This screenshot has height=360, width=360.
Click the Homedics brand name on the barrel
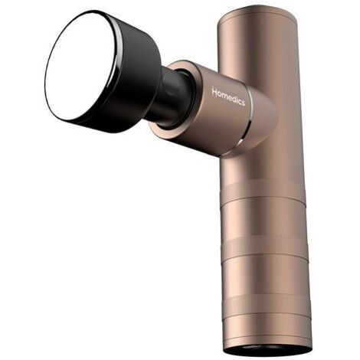[x=228, y=97]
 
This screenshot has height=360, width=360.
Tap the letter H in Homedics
[x=214, y=92]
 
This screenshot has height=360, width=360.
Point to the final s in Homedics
[x=243, y=103]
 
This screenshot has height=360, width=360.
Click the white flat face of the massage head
[x=79, y=67]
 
